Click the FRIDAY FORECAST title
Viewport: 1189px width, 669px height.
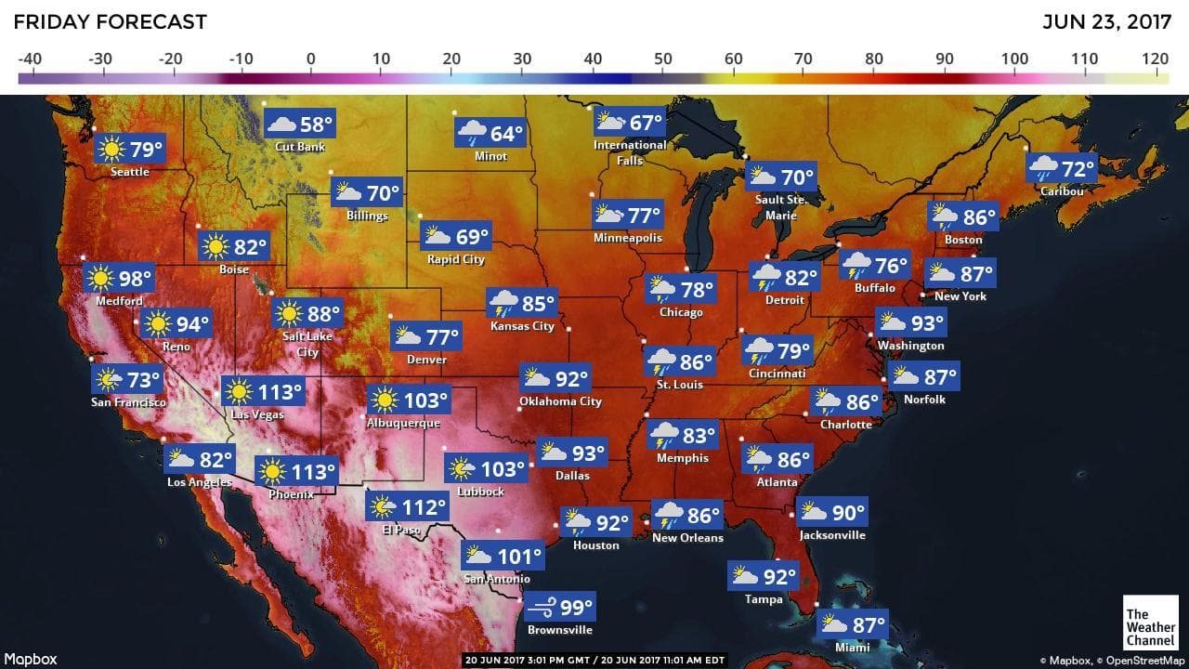click(111, 21)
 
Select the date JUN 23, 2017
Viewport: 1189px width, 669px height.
click(1105, 21)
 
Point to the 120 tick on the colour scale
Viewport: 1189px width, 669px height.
click(1156, 59)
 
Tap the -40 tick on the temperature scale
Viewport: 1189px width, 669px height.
click(30, 59)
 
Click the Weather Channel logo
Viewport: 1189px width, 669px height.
click(1150, 627)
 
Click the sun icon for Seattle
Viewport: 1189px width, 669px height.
click(112, 149)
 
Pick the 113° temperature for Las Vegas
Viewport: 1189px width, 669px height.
click(281, 391)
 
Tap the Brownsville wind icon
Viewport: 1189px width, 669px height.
click(542, 608)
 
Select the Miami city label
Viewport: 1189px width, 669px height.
click(852, 647)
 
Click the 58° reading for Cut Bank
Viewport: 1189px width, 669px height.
click(316, 124)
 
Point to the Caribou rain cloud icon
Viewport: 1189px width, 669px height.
click(1043, 169)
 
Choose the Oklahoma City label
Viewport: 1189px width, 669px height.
click(560, 401)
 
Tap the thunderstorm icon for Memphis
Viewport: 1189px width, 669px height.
click(664, 434)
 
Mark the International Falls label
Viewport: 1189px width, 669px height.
click(630, 152)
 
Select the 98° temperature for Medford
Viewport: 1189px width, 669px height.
click(135, 278)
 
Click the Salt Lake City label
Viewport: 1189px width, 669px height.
click(307, 344)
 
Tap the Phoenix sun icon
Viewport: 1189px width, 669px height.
click(272, 472)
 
